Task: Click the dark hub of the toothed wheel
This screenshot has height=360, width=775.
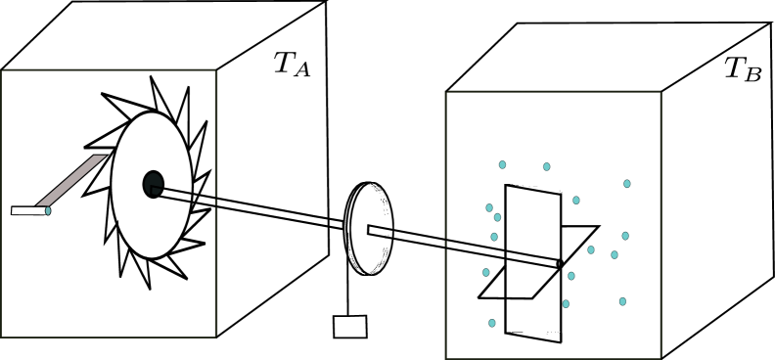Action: pyautogui.click(x=153, y=184)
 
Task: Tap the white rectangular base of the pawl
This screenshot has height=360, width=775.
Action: pyautogui.click(x=27, y=210)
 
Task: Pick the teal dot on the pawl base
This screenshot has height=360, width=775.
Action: pyautogui.click(x=48, y=210)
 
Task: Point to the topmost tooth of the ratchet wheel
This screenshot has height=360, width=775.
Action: pyautogui.click(x=152, y=77)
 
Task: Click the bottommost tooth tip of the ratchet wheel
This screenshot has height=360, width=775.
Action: pyautogui.click(x=150, y=289)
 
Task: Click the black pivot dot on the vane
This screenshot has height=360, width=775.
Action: pyautogui.click(x=560, y=263)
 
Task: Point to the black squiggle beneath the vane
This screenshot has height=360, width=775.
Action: pyautogui.click(x=561, y=320)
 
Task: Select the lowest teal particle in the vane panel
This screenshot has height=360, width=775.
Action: pyautogui.click(x=492, y=323)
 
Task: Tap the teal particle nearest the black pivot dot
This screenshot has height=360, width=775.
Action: pyautogui.click(x=571, y=276)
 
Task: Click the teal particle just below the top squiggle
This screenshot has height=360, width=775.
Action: pyautogui.click(x=547, y=166)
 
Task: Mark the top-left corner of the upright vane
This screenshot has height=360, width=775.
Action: pyautogui.click(x=506, y=185)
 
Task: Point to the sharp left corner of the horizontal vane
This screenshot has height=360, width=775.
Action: pyautogui.click(x=479, y=297)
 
